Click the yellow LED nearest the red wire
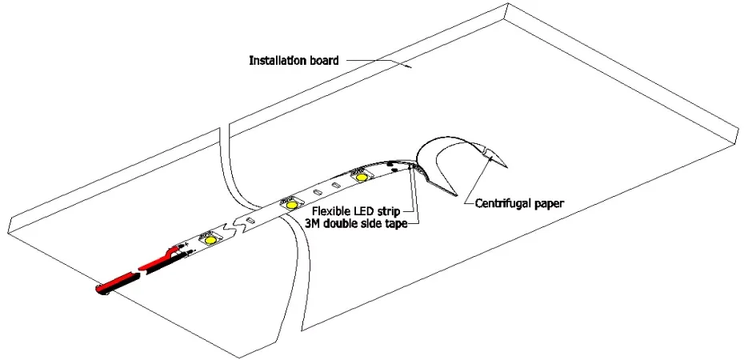pyautogui.click(x=210, y=239)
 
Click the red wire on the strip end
pyautogui.click(x=120, y=279)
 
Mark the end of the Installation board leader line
pyautogui.click(x=410, y=70)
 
